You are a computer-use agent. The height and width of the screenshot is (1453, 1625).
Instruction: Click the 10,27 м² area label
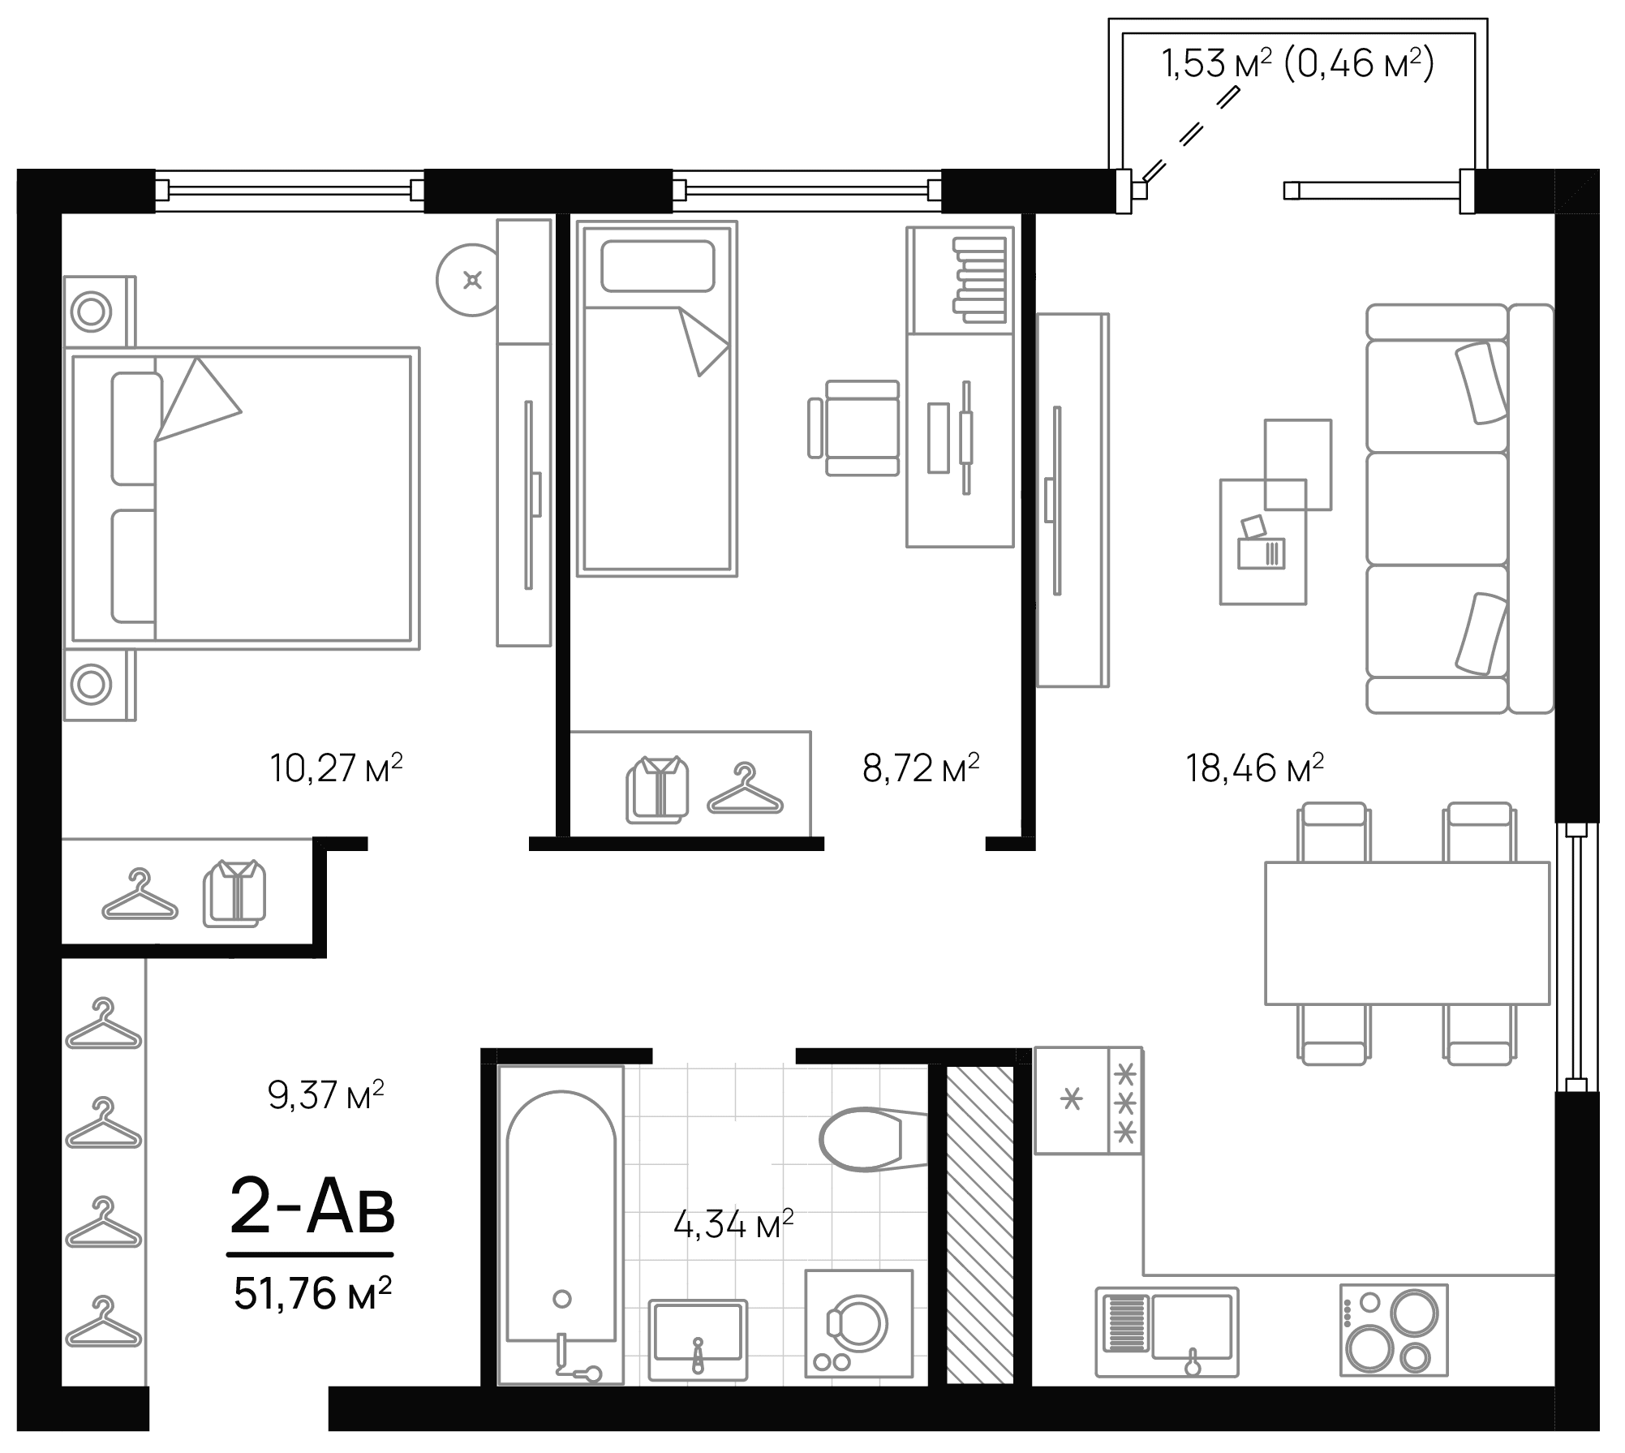pyautogui.click(x=336, y=767)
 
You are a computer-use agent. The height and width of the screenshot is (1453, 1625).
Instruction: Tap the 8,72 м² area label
pyautogui.click(x=920, y=767)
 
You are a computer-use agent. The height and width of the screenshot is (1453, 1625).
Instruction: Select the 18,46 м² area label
pyautogui.click(x=1254, y=767)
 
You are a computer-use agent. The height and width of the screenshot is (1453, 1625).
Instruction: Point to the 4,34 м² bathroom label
pyautogui.click(x=733, y=1224)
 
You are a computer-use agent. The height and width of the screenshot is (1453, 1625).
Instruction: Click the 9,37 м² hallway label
pyautogui.click(x=325, y=1095)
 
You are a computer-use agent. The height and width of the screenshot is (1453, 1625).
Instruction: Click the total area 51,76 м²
pyautogui.click(x=312, y=1293)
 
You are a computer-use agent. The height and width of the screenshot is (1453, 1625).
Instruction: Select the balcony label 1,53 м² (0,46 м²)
pyautogui.click(x=1298, y=64)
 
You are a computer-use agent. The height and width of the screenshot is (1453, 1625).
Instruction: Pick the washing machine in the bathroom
pyautogui.click(x=858, y=1323)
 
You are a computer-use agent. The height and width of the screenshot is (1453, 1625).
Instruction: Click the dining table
pyautogui.click(x=1408, y=933)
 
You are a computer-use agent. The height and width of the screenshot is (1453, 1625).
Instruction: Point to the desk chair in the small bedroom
pyautogui.click(x=857, y=428)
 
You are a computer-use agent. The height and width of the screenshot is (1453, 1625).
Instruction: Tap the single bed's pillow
pyautogui.click(x=657, y=265)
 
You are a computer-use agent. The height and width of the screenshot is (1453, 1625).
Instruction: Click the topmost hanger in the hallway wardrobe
pyautogui.click(x=104, y=1026)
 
